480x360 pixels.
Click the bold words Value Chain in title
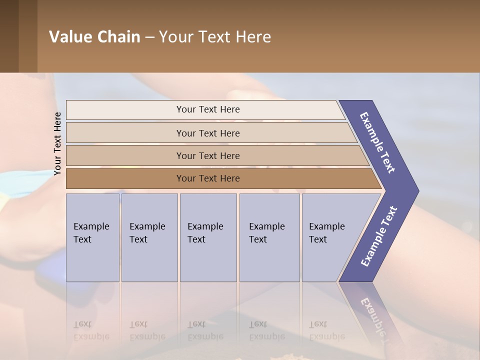pyautogui.click(x=94, y=37)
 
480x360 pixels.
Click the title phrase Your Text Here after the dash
pyautogui.click(x=215, y=37)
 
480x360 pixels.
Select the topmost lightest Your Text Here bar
pyautogui.click(x=207, y=109)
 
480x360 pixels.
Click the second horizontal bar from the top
pyautogui.click(x=207, y=133)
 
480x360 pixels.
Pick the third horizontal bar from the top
pyautogui.click(x=207, y=155)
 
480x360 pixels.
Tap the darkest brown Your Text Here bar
pyautogui.click(x=207, y=178)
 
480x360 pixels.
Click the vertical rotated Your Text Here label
pyautogui.click(x=57, y=144)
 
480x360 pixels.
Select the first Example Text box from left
pyautogui.click(x=92, y=237)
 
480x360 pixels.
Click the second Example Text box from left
pyautogui.click(x=149, y=237)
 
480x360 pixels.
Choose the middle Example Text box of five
pyautogui.click(x=207, y=237)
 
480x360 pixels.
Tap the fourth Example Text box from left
pyautogui.click(x=269, y=237)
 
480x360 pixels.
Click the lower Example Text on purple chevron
pyautogui.click(x=379, y=236)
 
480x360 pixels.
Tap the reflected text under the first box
pyautogui.click(x=91, y=330)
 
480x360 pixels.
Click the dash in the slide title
pyautogui.click(x=149, y=37)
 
